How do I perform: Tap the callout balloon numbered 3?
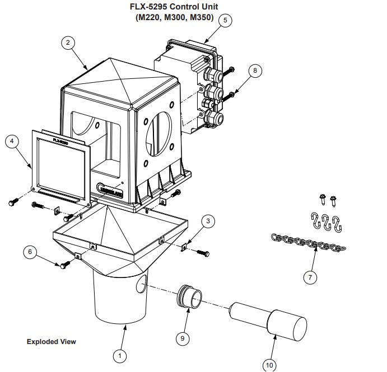pos(208,221)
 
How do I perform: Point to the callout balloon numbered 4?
pos(11,142)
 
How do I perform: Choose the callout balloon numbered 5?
pos(225,20)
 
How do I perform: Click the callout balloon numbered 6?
pos(30,252)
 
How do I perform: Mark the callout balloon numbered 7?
pos(309,276)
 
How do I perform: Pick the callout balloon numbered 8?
pos(255,70)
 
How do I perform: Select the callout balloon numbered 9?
pos(182,338)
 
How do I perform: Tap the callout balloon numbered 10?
pos(269,364)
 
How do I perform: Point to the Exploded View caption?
pos(51,341)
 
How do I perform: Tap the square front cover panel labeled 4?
pos(60,165)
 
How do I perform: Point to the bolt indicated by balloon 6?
pos(66,264)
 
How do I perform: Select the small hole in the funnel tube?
pos(141,286)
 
